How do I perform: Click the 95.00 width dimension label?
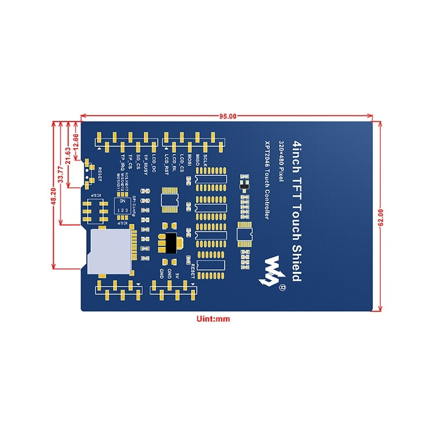227,116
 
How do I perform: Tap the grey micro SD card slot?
108,249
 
